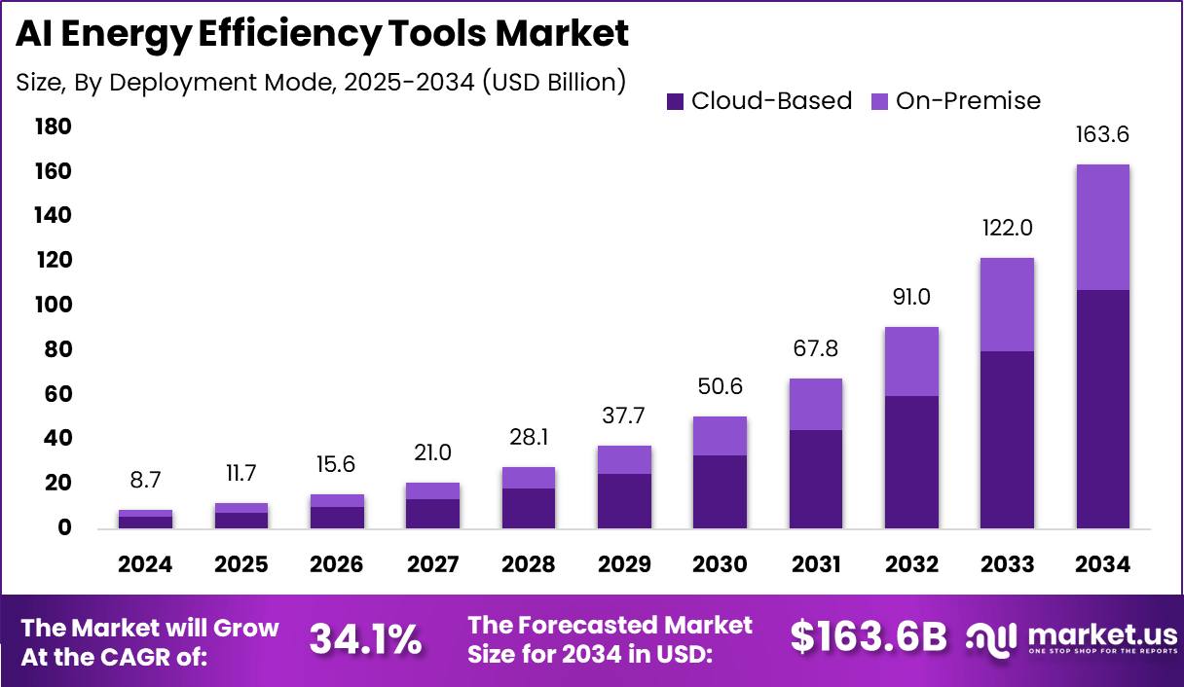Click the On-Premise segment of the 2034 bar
pos(1102,227)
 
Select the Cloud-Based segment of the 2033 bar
pos(1007,440)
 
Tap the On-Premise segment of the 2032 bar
pos(911,361)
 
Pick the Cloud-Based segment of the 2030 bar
pos(720,491)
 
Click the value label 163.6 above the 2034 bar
pos(1102,134)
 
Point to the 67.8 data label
pos(815,348)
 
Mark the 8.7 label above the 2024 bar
pos(145,480)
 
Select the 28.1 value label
pos(529,437)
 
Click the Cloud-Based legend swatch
pos(676,101)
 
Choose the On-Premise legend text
pos(968,101)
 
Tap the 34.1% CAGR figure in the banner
pos(365,639)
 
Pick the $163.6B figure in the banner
pos(868,636)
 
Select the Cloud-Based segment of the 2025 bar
pos(241,520)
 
